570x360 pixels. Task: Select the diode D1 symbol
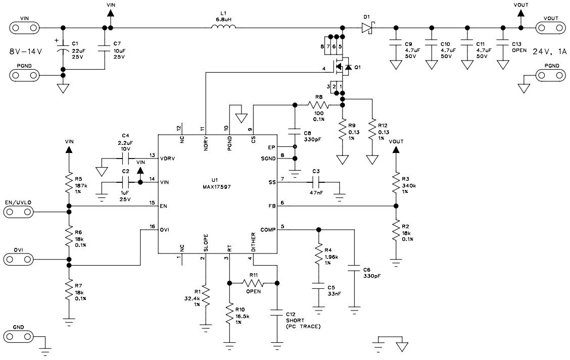367,27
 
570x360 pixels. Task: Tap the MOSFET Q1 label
358,67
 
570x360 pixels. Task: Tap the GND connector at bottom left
19,335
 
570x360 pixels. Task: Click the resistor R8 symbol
318,106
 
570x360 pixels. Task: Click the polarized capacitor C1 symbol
63,50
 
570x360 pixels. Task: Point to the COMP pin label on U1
268,230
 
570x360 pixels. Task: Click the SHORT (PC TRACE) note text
303,323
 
